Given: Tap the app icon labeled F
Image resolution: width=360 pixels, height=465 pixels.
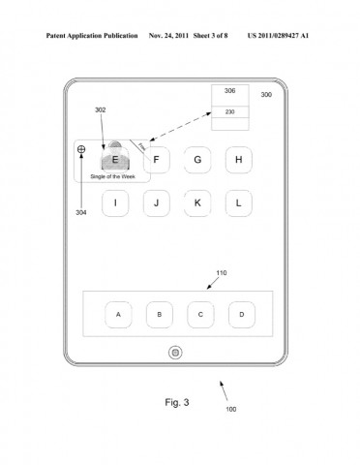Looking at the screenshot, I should (156, 160).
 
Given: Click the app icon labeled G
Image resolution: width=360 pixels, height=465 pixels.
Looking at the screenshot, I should (197, 160).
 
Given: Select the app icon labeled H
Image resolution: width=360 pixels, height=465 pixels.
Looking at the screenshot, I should (238, 160).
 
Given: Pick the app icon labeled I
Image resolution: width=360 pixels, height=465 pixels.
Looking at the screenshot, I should (115, 202).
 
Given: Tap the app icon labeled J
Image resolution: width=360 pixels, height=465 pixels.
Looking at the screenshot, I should (156, 202).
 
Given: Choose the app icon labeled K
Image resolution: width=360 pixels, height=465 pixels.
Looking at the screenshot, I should (197, 202).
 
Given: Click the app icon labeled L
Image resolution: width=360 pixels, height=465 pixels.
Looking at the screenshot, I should (238, 202).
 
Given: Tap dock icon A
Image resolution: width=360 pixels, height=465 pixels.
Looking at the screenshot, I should (118, 315).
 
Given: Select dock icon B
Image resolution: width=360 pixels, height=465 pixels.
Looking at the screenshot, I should (160, 315).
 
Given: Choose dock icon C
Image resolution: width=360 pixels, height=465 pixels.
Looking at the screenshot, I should (200, 315).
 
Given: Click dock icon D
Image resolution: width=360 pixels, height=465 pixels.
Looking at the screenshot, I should (242, 315).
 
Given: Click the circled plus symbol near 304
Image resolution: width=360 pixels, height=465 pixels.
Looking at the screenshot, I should (81, 149).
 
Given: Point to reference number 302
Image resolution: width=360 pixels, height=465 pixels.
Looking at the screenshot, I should (101, 111).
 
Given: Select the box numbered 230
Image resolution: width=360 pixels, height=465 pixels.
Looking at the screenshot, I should (229, 111).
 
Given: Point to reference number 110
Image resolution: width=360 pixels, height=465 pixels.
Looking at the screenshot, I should (222, 274).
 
